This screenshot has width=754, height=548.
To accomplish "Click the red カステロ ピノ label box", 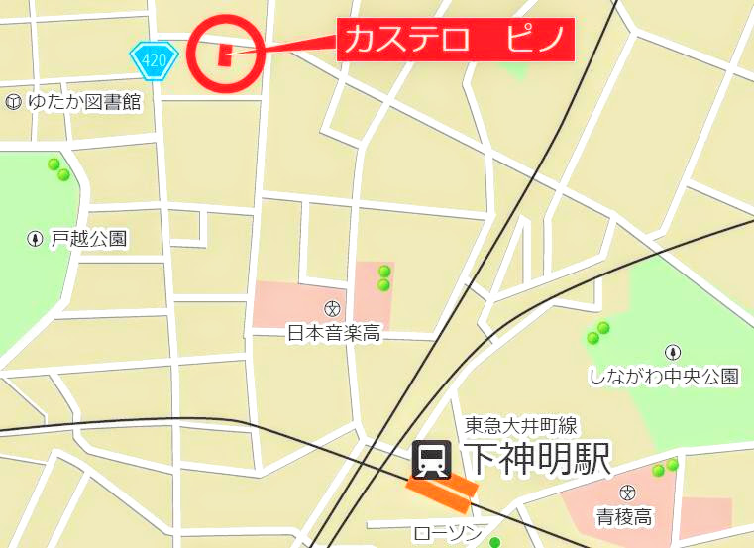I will coord(455,42).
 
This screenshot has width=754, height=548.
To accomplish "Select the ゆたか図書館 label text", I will coord(84,101).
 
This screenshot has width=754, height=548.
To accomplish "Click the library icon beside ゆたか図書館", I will coord(13,101).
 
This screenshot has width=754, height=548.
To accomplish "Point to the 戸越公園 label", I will coord(90,239).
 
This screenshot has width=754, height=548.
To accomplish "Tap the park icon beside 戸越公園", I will coord(36,239).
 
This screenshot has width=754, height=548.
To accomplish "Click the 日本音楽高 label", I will coord(333,333).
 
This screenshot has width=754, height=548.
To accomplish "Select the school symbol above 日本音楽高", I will coord(332,308).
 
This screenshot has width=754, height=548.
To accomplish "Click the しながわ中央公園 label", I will coord(664,376).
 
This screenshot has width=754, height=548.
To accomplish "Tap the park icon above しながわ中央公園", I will coord(674,352).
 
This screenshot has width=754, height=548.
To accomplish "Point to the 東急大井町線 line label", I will coord(521,426).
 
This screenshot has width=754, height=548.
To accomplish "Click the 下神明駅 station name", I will coord(536,459).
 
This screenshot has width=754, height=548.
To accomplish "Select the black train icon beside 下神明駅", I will coord(432,459).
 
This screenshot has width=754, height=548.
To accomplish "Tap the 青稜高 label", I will coord(623,516).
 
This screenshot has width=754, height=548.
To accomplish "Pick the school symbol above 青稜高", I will coord(626,493).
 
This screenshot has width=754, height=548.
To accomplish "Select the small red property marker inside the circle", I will coord(226,53).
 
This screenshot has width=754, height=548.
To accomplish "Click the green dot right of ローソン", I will coord(495,542).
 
